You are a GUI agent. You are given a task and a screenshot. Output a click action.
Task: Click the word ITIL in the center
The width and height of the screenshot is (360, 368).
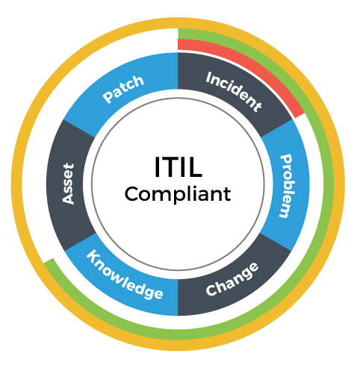click(x=178, y=166)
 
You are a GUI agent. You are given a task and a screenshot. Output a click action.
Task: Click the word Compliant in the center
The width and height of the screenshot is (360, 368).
click(x=178, y=194)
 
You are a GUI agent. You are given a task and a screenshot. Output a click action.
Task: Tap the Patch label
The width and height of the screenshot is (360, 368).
click(x=123, y=89)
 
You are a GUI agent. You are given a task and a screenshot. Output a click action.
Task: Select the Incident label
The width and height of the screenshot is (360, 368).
click(x=234, y=92)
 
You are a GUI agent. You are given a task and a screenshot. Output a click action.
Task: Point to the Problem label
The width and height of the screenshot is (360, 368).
click(x=286, y=186)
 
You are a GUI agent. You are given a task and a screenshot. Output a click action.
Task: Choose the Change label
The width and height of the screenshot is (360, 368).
click(x=232, y=279)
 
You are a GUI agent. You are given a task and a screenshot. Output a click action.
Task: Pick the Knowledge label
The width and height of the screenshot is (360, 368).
click(x=125, y=275)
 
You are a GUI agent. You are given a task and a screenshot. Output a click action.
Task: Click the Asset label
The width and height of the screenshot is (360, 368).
click(x=68, y=184)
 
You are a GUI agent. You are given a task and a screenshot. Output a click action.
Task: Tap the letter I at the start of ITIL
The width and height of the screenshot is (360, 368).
click(x=157, y=167)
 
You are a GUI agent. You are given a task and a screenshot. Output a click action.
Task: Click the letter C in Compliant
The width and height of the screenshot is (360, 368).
click(x=132, y=193)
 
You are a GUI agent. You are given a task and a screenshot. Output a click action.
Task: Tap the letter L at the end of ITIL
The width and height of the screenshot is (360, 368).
click(x=195, y=167)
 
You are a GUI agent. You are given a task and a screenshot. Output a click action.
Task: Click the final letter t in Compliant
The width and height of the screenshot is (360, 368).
click(x=227, y=194)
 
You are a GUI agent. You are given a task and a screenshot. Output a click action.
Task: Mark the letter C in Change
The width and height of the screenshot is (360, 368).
click(x=211, y=290)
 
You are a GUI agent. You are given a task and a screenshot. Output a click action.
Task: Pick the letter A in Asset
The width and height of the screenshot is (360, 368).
click(x=68, y=199)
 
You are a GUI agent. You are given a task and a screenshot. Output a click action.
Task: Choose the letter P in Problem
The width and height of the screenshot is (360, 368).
click(x=286, y=160)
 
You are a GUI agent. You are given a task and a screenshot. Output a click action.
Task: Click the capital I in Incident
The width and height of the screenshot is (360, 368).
click(x=209, y=77)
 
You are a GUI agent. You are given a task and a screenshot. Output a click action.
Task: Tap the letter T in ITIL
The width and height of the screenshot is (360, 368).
click(x=170, y=167)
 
